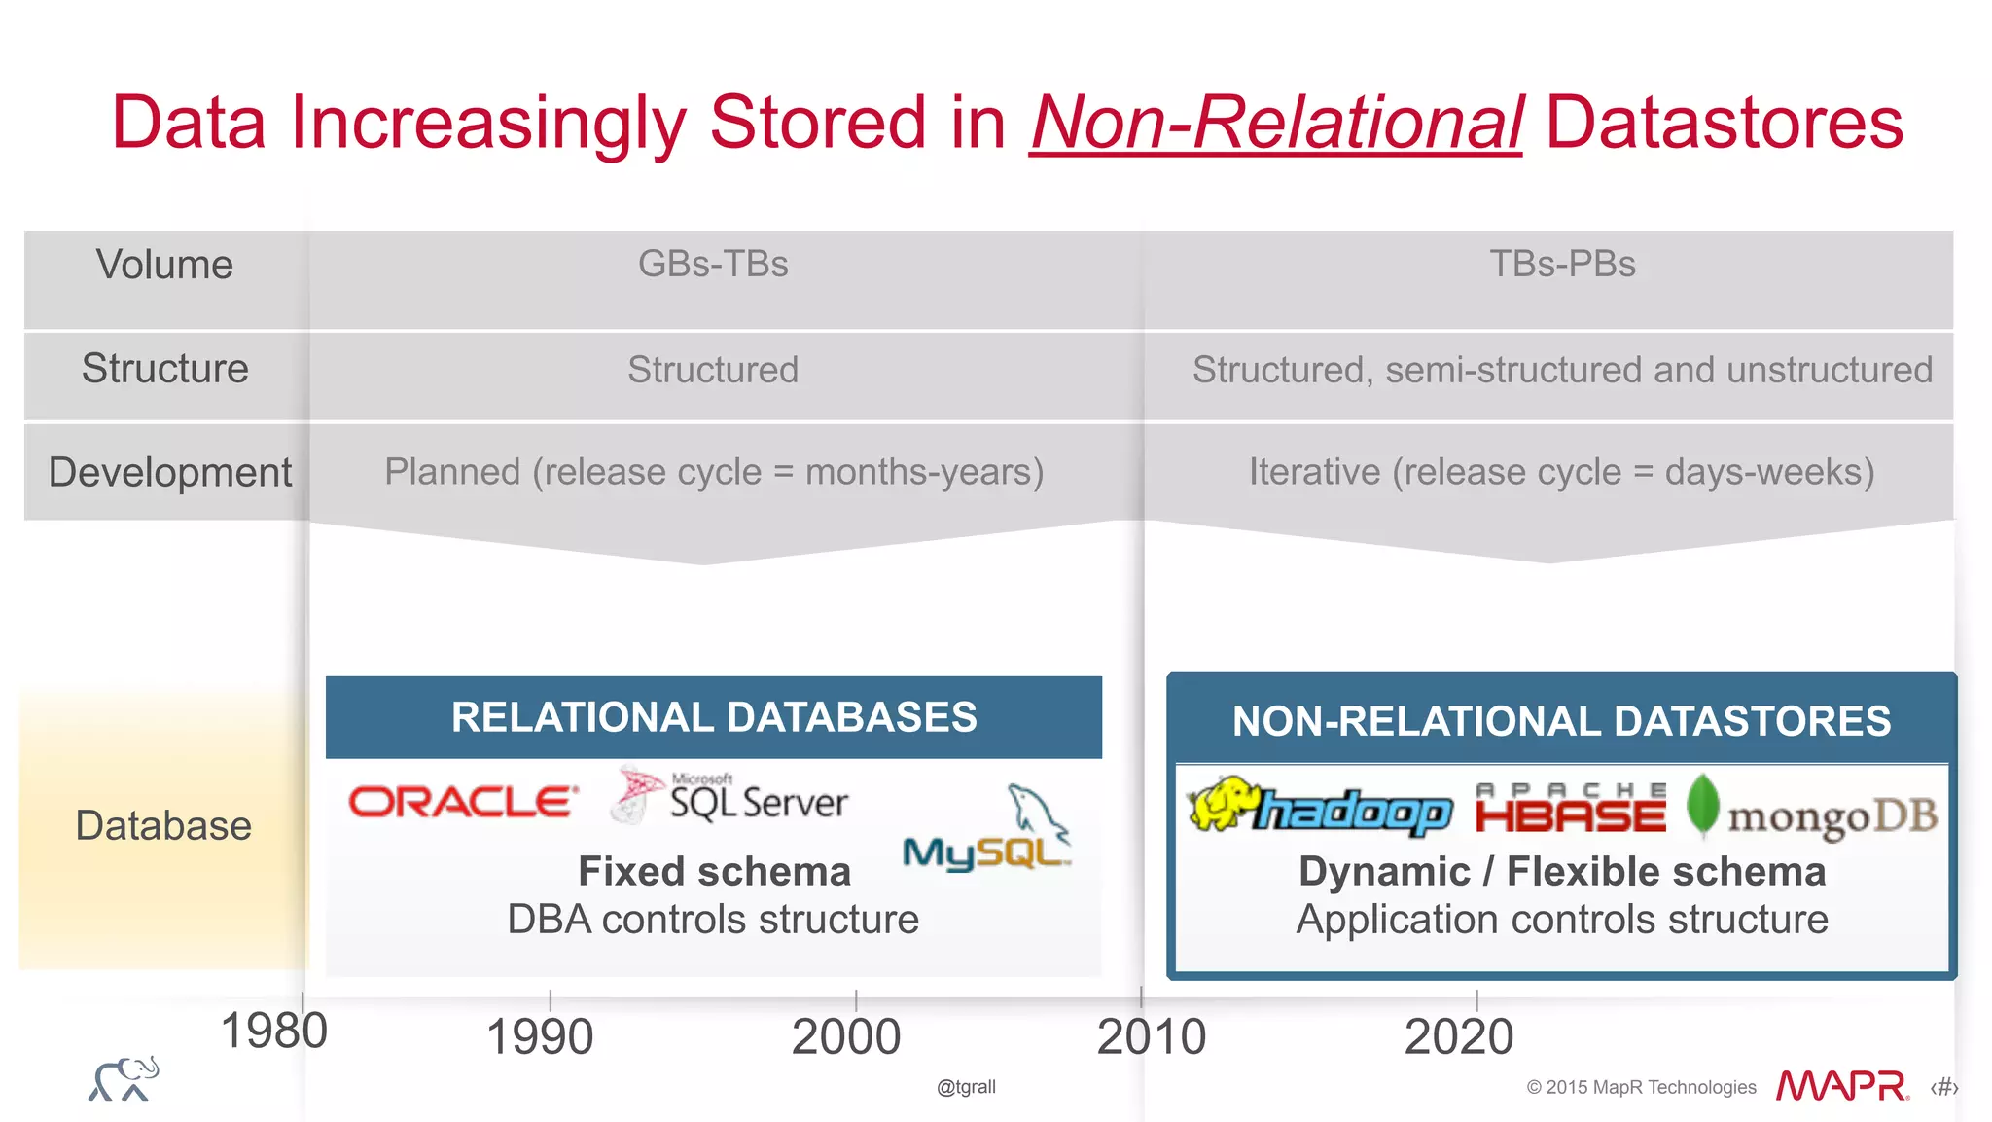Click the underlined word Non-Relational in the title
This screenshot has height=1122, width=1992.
click(1275, 124)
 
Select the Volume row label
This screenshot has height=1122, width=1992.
click(164, 265)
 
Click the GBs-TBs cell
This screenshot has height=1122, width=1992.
click(713, 264)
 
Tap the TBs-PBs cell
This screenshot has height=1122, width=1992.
click(1562, 264)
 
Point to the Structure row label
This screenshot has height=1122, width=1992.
click(164, 369)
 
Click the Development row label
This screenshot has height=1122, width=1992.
click(169, 472)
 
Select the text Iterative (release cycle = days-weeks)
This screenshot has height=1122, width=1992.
click(1561, 472)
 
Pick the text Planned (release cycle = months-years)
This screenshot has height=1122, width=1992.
click(714, 472)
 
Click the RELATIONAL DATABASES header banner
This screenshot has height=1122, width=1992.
click(713, 717)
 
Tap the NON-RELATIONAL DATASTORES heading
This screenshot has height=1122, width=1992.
click(1561, 721)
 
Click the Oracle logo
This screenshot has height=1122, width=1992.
click(463, 803)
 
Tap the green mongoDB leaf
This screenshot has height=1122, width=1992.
click(1702, 804)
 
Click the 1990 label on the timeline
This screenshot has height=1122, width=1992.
click(540, 1036)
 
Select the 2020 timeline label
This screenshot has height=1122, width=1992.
click(1458, 1036)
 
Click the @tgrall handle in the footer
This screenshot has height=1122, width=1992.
click(966, 1087)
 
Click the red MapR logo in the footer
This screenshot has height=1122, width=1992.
click(1841, 1086)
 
